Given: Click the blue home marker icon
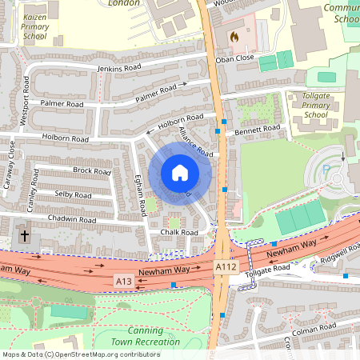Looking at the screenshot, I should pos(180,172).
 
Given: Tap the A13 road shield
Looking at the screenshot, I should pos(122,281).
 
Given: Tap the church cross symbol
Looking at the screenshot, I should pos(25,236).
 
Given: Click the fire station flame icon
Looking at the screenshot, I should pos(234,37).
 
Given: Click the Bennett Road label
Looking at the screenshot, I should pos(258,128).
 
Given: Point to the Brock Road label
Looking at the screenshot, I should pos(91,170).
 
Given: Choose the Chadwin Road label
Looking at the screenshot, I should pos(72,219).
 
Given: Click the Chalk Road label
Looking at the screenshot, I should pos(178,232).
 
